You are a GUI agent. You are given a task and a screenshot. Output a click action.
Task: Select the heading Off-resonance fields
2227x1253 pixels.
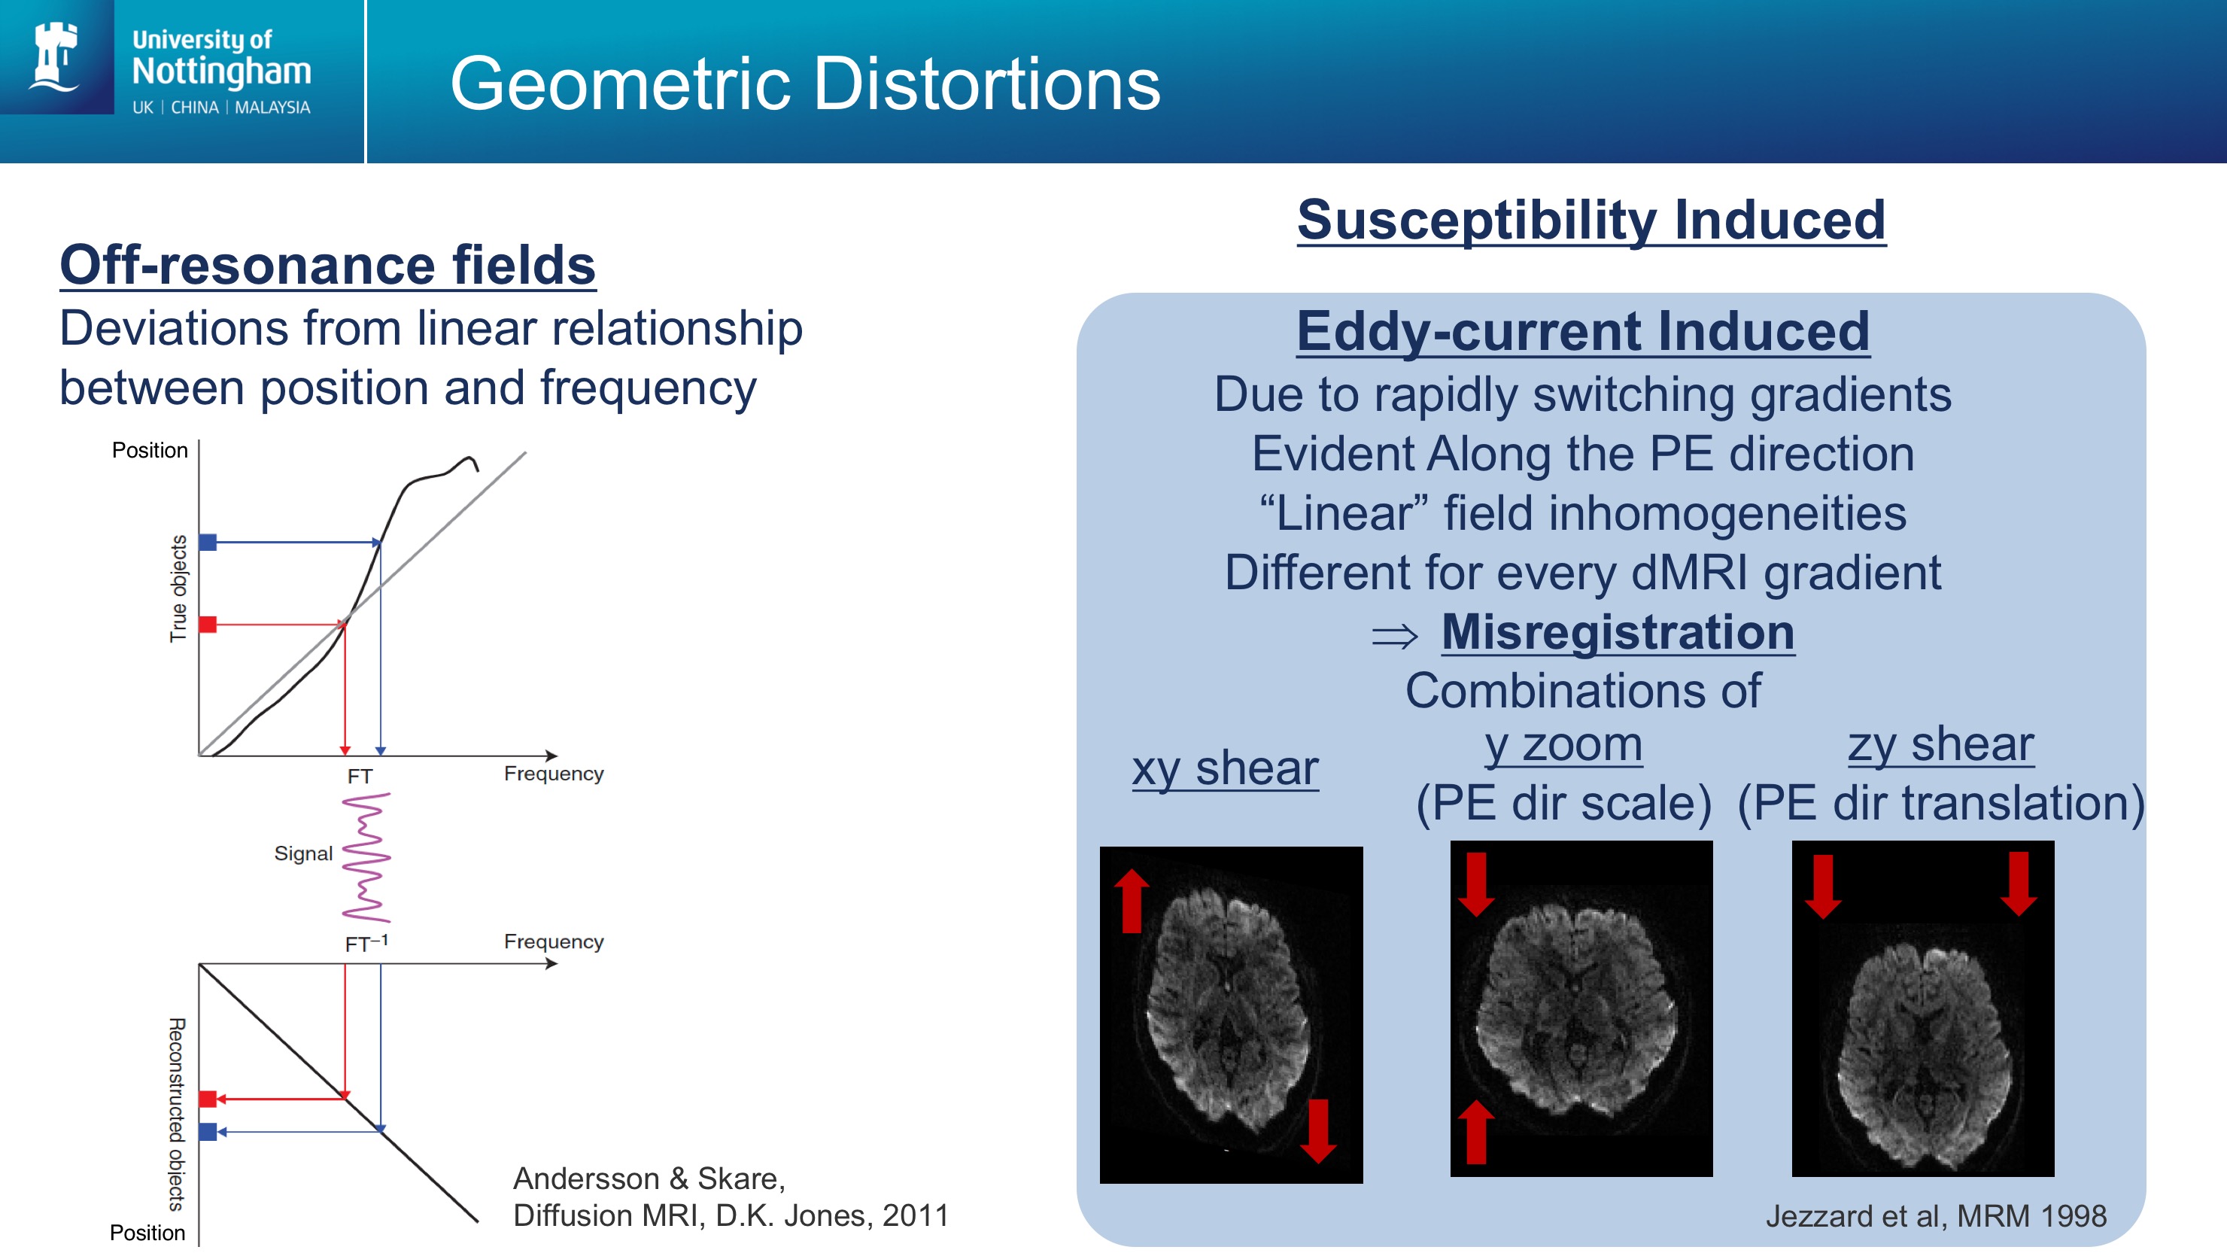(327, 265)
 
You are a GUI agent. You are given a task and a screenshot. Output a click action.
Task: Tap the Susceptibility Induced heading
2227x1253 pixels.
(1590, 220)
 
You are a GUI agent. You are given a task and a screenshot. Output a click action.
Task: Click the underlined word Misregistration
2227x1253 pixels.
(1618, 632)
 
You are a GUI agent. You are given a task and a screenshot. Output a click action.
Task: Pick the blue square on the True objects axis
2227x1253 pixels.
(208, 542)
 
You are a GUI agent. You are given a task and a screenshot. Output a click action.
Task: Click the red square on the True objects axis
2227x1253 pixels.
(208, 625)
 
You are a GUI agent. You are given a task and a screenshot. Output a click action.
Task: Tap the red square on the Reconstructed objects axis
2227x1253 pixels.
(208, 1099)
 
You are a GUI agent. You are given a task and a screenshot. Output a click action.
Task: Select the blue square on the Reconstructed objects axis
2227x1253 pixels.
(208, 1131)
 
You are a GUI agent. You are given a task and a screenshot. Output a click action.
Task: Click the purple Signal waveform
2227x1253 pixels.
(366, 857)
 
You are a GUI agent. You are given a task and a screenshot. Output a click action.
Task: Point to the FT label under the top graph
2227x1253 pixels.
(360, 777)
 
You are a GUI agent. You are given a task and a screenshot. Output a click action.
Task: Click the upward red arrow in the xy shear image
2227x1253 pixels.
(1132, 900)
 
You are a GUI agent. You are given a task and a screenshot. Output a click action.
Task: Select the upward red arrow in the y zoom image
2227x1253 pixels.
(1475, 1131)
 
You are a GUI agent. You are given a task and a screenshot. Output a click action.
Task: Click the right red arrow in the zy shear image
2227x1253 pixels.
(2019, 883)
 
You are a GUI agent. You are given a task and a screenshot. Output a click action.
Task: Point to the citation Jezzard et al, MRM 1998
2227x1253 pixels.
(1936, 1216)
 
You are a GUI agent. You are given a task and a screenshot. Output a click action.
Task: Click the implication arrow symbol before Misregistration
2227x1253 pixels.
(1394, 637)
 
